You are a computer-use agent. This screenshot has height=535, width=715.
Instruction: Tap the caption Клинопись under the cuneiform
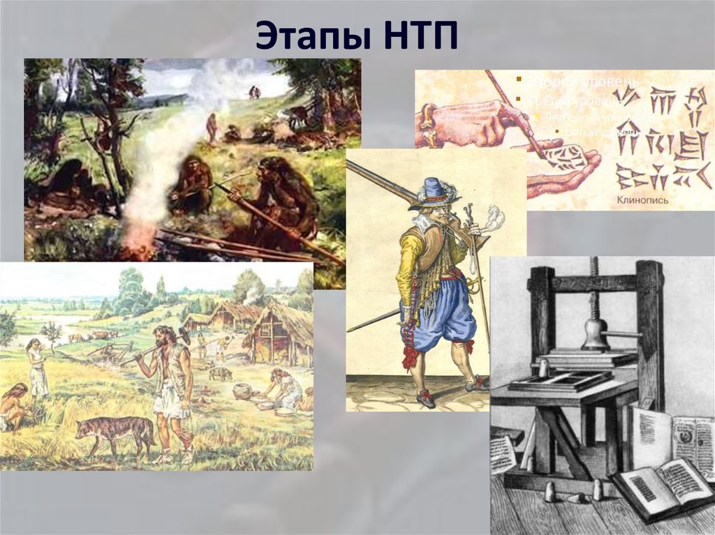(x=642, y=200)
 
